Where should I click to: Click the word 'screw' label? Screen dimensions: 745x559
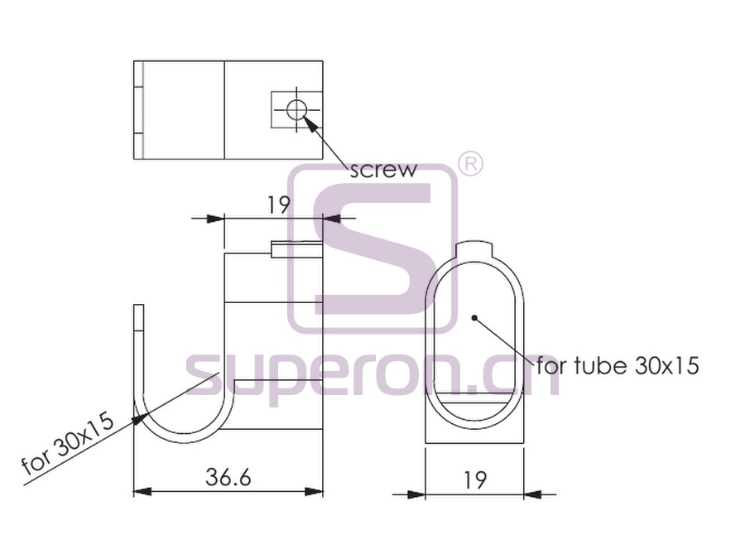(383, 170)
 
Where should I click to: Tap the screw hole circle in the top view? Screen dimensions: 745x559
(297, 110)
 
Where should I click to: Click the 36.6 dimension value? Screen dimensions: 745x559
(228, 477)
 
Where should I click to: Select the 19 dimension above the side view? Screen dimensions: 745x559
(278, 205)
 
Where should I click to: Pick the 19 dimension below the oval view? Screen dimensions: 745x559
(474, 480)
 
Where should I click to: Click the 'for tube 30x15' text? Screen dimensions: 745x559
(618, 365)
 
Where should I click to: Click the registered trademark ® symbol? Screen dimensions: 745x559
(470, 165)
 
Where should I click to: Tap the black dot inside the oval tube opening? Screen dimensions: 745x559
(473, 317)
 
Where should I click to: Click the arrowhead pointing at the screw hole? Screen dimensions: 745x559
(310, 123)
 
